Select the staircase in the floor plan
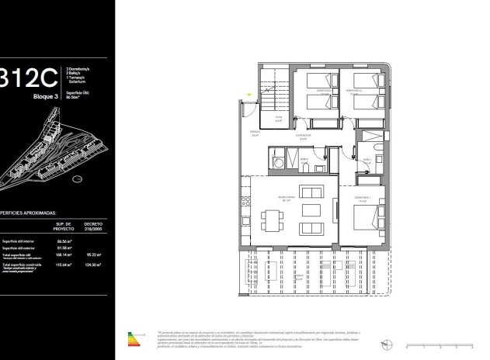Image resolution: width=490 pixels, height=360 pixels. [273, 93]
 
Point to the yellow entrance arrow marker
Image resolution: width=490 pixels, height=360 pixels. [250, 95]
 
